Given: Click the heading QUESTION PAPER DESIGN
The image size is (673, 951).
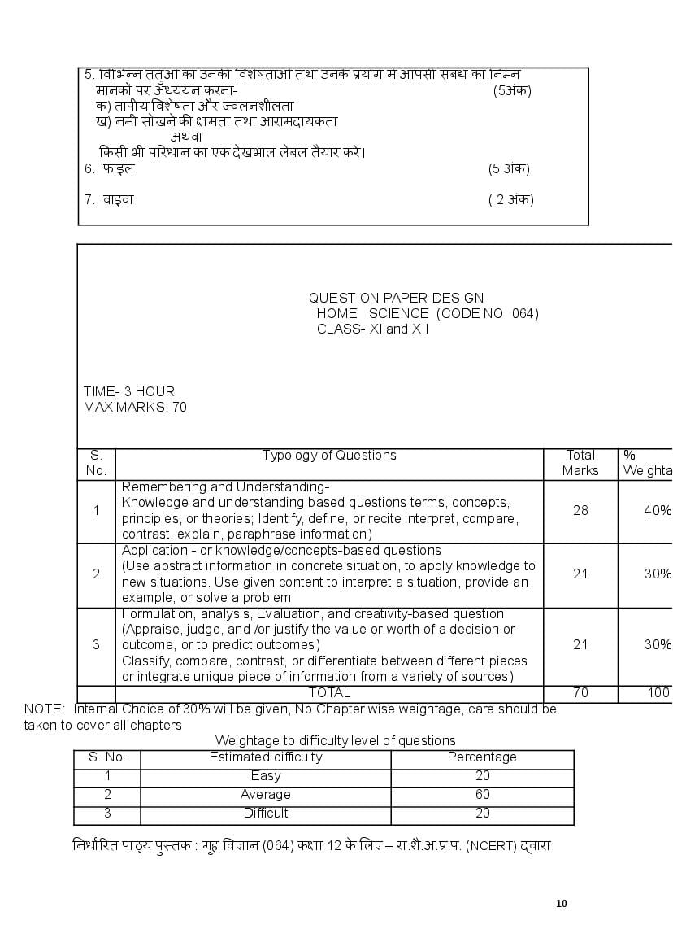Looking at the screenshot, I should coord(396,298).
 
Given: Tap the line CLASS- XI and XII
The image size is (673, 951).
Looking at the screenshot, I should coord(372,329).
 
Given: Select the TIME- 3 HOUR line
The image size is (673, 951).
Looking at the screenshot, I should coord(128,391).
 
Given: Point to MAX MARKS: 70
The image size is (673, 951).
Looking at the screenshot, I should coord(135,407).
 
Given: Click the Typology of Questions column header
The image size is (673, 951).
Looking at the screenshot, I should coord(329,456).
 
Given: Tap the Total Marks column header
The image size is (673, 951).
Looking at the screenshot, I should coord(580,463).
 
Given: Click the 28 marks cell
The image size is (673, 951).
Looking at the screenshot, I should coord(580,511).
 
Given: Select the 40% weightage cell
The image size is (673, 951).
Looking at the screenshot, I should coord(658,511).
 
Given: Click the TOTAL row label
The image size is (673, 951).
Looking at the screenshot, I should coord(329,693).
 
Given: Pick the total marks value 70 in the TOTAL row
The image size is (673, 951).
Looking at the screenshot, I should coord(580,693).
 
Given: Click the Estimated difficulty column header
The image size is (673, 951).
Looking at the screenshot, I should coord(266,757).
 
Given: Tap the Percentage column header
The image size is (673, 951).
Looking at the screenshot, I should coord(482,757).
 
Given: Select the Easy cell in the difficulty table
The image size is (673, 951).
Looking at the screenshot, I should coord(266,776).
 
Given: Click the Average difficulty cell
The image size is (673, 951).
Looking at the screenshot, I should coord(266,795).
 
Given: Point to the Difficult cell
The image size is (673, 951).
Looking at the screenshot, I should coord(266,814).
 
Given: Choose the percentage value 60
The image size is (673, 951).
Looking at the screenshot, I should coord(482,795).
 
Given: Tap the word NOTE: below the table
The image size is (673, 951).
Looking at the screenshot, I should coord(44,709).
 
